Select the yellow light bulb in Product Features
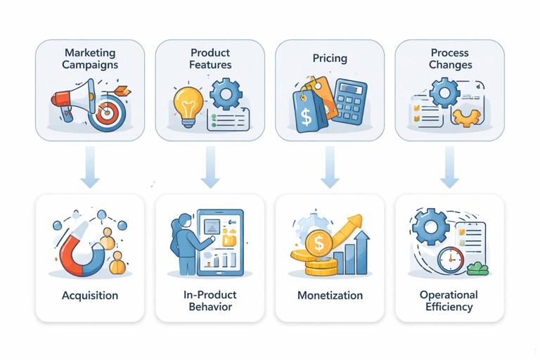(188, 104)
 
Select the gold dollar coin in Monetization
(319, 244)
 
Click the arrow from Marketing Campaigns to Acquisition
(89, 167)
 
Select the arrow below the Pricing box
(329, 167)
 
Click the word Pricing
(329, 59)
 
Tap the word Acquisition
(89, 295)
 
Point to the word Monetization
(329, 295)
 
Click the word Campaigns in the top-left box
(90, 65)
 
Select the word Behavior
(210, 307)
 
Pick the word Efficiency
(449, 307)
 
